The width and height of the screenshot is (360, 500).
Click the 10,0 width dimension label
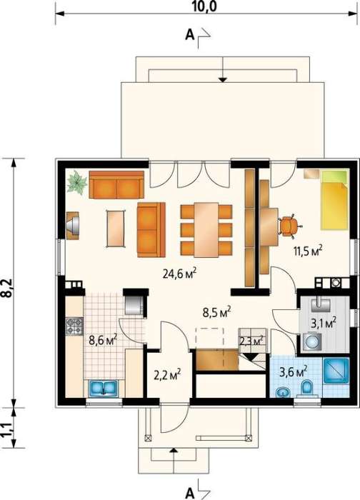tap(204, 6)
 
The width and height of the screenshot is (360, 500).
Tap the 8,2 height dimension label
tap(6, 288)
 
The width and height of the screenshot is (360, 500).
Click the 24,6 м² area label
tap(179, 274)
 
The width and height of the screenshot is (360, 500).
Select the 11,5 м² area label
tap(308, 251)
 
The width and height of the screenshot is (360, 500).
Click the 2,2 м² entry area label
tap(168, 374)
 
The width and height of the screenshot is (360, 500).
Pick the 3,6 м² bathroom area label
tap(294, 371)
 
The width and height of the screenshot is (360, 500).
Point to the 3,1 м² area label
tap(324, 323)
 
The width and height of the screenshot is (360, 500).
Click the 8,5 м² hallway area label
tap(217, 312)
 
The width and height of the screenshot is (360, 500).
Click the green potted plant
tap(77, 182)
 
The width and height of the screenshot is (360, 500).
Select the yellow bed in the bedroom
tap(334, 200)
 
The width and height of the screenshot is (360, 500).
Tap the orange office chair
tap(289, 225)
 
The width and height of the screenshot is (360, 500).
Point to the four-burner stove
tap(74, 326)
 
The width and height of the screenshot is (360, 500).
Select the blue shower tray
tap(336, 371)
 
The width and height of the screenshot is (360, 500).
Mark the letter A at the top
tap(190, 35)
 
